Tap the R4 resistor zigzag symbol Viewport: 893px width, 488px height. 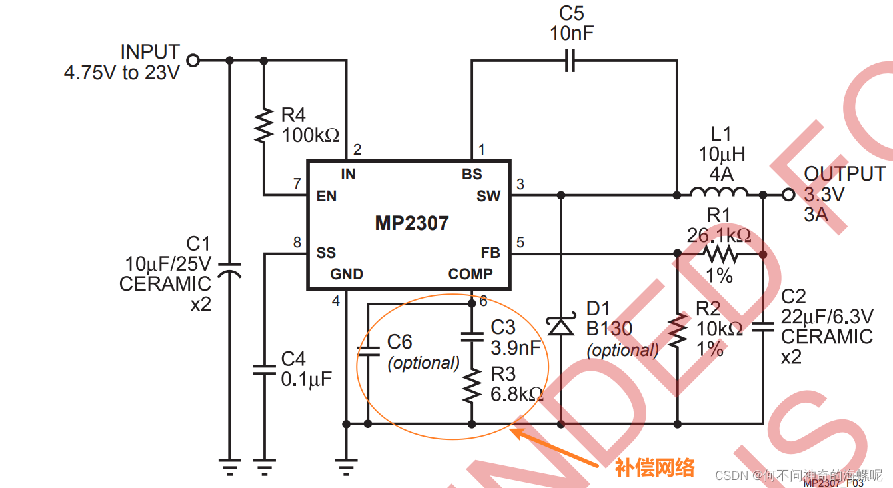(x=264, y=125)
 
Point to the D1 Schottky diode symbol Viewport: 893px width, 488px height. (x=560, y=325)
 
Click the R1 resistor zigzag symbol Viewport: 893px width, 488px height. (x=720, y=254)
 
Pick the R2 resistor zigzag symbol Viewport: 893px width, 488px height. (x=678, y=331)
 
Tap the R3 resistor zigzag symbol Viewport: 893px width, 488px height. (x=472, y=386)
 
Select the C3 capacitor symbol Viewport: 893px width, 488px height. (x=472, y=335)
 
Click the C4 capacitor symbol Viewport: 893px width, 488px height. (x=264, y=369)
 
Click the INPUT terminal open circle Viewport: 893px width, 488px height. (x=193, y=61)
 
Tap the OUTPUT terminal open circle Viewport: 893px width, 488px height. (x=789, y=195)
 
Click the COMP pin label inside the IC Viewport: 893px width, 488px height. (x=470, y=274)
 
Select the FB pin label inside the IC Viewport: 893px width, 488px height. (x=490, y=253)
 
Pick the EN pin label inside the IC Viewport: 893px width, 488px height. (x=327, y=197)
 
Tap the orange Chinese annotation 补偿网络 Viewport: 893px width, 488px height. (x=654, y=467)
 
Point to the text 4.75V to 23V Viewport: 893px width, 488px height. (x=122, y=73)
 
